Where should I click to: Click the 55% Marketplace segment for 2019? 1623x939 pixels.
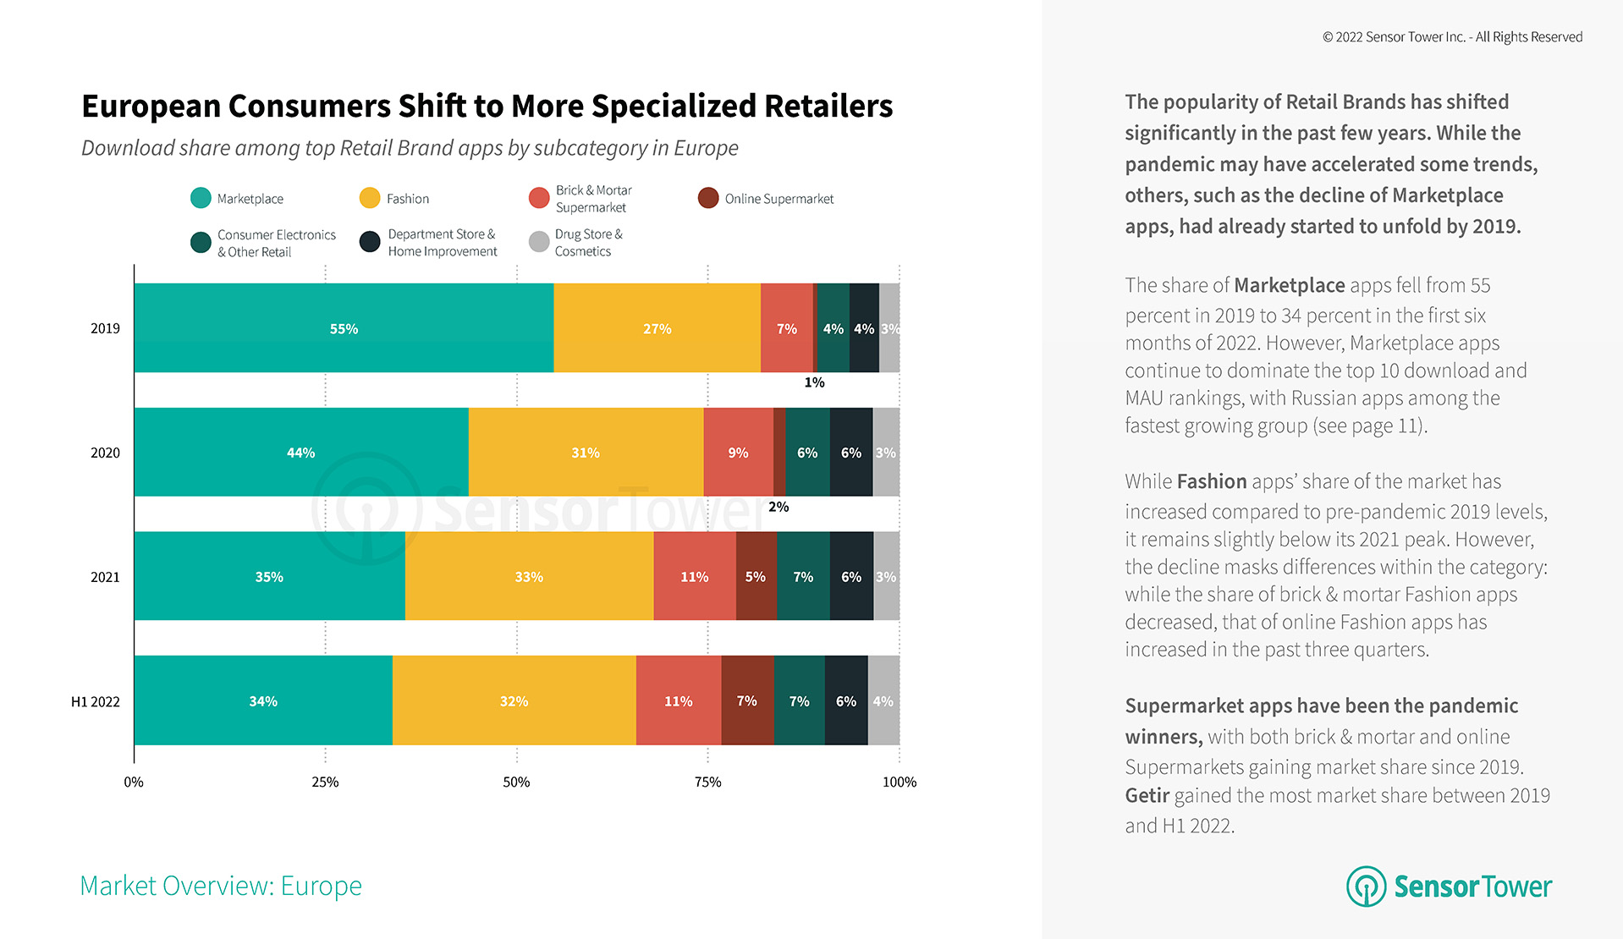[344, 328]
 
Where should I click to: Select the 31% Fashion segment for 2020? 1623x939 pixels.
[586, 453]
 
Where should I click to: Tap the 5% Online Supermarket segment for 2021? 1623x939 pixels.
[756, 577]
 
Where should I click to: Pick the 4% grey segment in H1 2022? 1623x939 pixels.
[883, 701]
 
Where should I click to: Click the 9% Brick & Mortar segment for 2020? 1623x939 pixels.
[738, 453]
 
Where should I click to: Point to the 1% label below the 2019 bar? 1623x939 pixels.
[814, 382]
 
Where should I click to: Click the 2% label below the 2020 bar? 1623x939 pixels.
[778, 507]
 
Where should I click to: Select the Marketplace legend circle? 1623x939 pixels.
[201, 198]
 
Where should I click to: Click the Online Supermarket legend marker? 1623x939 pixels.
[708, 198]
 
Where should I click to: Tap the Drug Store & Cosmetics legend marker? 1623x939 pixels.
[539, 242]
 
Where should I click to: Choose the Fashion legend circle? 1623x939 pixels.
[370, 198]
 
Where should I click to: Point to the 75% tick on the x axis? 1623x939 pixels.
[707, 782]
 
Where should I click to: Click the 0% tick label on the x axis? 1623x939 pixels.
[134, 782]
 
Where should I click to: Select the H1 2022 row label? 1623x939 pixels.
[96, 701]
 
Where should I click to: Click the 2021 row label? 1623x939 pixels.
[105, 577]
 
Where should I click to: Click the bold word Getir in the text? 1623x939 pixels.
[1147, 795]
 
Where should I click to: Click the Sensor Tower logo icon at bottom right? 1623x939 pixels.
[1366, 886]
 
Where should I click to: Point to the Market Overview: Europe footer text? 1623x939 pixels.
[221, 886]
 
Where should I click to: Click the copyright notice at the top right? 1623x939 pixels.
[1452, 37]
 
